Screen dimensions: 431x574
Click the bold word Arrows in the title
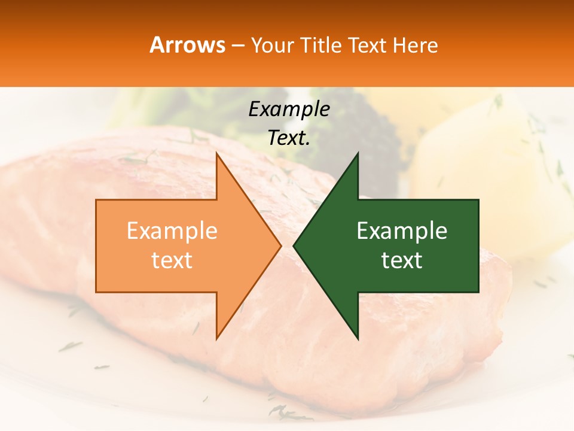(x=188, y=45)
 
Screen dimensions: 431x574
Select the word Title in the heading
(x=320, y=45)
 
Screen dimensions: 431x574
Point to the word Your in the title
(x=273, y=45)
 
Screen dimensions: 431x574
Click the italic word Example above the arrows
(x=289, y=109)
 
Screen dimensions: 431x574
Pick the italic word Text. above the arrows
(x=289, y=138)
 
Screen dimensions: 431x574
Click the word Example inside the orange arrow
(x=172, y=231)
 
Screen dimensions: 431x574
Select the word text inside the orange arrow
(x=172, y=260)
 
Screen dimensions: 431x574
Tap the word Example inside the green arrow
(x=402, y=231)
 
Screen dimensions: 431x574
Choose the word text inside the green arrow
(x=402, y=260)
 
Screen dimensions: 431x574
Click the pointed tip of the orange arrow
(x=280, y=245)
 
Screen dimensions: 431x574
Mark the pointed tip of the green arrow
(x=295, y=245)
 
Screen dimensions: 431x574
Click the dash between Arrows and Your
(x=237, y=45)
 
